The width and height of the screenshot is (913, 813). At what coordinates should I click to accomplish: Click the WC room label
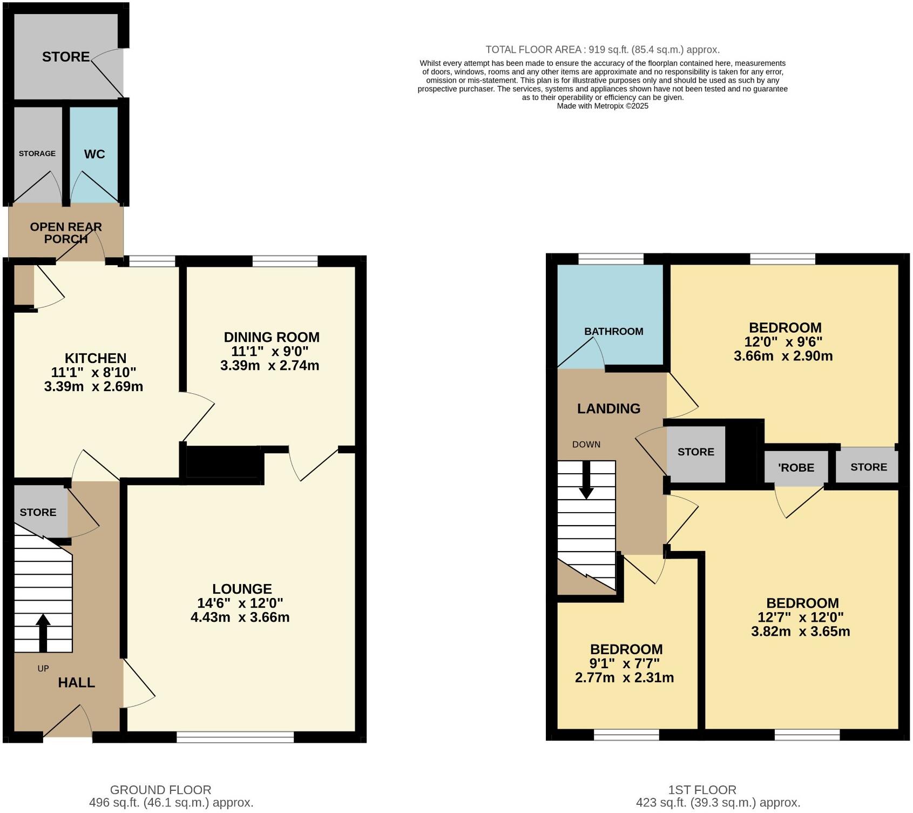[x=94, y=154]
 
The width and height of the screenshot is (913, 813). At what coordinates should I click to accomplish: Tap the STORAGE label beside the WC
[x=37, y=153]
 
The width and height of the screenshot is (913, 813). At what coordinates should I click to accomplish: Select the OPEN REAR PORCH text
[x=66, y=233]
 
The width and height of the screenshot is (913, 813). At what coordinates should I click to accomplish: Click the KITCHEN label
[x=96, y=358]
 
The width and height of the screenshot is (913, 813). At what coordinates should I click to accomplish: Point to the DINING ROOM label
[x=272, y=337]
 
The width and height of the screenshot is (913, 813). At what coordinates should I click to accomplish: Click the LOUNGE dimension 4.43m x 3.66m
[x=240, y=617]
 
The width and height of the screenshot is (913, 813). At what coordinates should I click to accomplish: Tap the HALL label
[x=76, y=682]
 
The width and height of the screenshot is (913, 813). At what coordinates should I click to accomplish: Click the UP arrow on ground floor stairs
[x=43, y=633]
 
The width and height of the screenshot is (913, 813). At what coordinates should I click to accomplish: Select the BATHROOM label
[x=613, y=332]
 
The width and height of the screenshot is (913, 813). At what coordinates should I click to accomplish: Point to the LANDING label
[x=608, y=408]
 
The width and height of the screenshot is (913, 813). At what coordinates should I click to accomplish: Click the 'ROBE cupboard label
[x=796, y=468]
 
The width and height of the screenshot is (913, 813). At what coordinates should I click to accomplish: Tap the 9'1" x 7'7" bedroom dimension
[x=624, y=663]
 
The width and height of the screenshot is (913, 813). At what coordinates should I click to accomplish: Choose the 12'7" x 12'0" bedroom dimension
[x=802, y=617]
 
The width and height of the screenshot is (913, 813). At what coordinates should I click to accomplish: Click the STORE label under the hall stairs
[x=38, y=512]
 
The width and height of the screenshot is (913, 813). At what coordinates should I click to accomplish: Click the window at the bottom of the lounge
[x=235, y=737]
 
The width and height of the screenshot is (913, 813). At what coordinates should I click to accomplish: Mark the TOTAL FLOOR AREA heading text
[x=602, y=50]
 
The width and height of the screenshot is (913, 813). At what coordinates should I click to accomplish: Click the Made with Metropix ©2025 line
[x=602, y=106]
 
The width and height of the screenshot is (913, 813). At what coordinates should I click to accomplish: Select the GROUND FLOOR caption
[x=160, y=790]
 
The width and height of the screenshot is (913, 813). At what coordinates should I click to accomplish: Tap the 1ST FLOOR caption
[x=701, y=790]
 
